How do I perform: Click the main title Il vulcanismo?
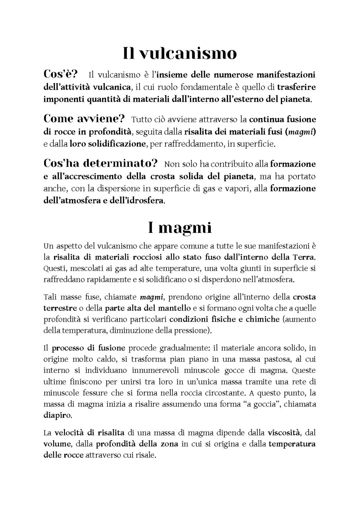[x=180, y=53]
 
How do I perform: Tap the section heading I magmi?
[x=180, y=228]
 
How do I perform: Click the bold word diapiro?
[x=57, y=416]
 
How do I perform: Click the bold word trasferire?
[x=296, y=87]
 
